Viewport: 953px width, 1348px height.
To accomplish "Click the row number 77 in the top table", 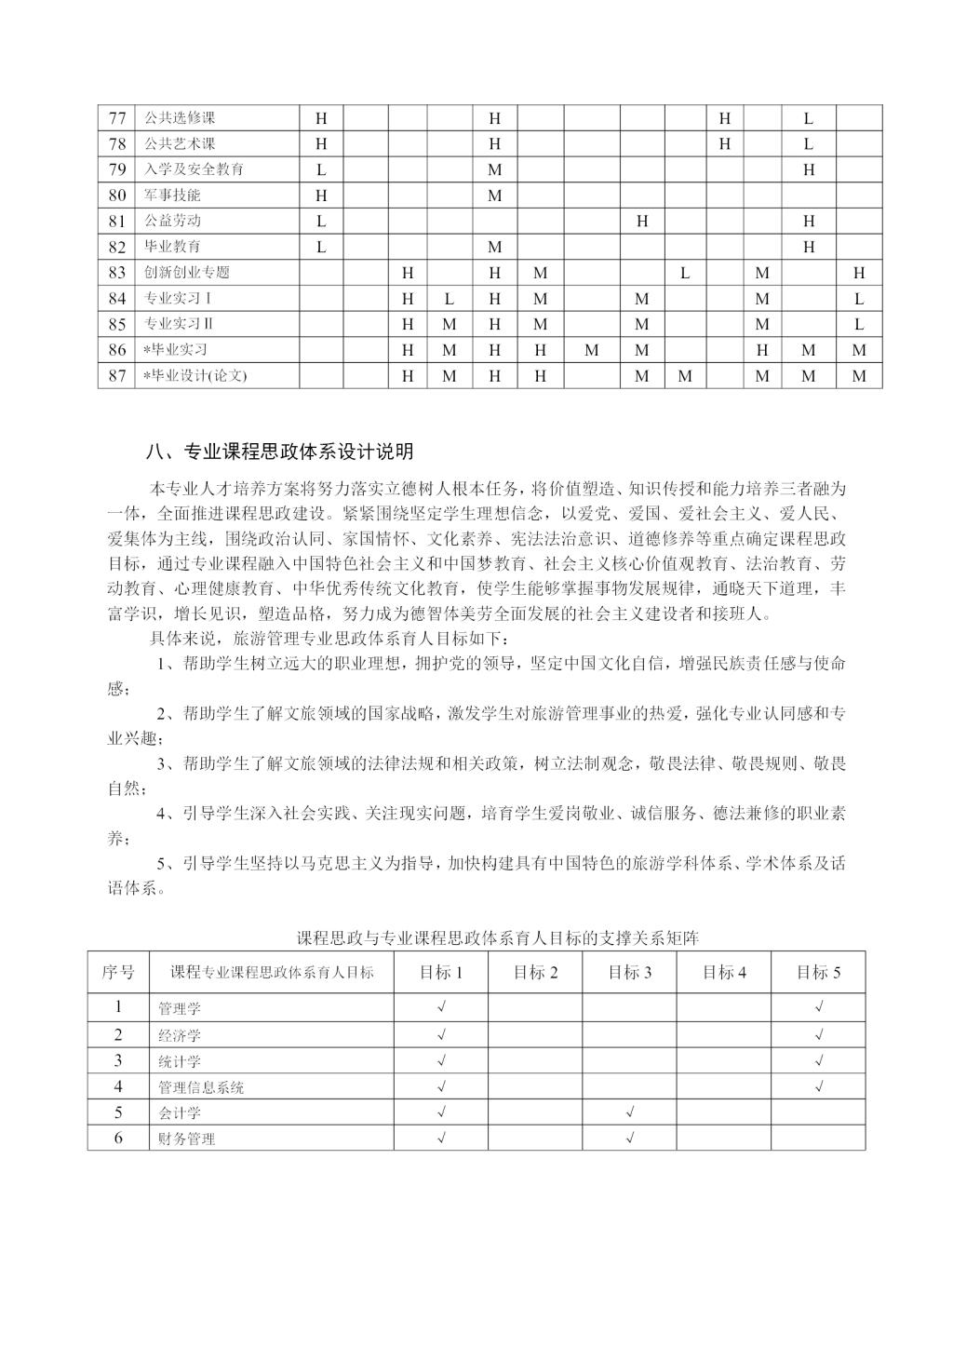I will pos(117,118).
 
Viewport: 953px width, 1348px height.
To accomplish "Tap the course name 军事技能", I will pos(172,195).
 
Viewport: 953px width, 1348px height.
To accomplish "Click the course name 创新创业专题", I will pos(186,273).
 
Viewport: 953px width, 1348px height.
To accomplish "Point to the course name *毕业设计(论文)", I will pos(195,376).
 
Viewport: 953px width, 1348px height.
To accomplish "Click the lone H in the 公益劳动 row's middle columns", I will pos(642,222).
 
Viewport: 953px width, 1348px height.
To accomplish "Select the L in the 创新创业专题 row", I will pos(684,273).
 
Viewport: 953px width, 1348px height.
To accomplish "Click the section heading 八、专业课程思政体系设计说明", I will pos(280,452).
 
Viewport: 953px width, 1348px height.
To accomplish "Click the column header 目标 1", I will pos(441,973).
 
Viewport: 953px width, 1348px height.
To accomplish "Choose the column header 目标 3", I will pos(629,973).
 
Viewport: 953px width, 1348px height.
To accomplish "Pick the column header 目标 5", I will pos(818,973).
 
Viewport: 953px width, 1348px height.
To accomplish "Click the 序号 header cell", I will pos(118,973).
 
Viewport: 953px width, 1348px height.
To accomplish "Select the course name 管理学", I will pos(180,1008).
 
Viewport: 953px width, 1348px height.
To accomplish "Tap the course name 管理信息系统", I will pos(201,1087).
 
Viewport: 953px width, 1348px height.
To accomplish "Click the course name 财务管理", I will pos(186,1139).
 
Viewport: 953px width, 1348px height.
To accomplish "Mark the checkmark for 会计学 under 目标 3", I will pos(630,1112).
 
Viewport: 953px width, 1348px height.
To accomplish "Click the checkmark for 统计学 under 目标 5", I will pos(818,1060).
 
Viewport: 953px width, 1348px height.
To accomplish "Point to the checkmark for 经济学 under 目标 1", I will pos(441,1034).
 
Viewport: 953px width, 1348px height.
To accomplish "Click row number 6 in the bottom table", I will pos(118,1138).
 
